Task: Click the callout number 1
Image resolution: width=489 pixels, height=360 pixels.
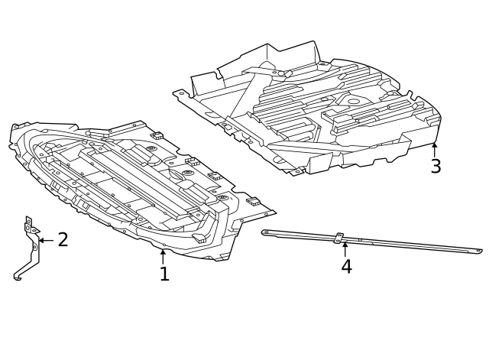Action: pos(164,274)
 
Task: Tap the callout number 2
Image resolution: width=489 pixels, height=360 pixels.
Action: pos(63,240)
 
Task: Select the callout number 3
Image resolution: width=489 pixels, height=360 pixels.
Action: pos(436,167)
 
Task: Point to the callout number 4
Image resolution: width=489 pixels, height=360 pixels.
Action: pos(346,267)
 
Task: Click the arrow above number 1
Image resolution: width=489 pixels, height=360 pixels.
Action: pos(163,255)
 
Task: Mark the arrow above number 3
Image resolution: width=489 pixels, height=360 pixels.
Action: pos(434,148)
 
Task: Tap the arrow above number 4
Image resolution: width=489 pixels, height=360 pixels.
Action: pos(345,248)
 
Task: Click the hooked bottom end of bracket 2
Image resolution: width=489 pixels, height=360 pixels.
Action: pos(18,277)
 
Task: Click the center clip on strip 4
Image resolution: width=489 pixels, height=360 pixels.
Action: pos(338,238)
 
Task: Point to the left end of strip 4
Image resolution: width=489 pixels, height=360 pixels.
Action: pos(265,232)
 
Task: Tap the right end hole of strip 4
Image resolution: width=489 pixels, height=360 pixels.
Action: pos(478,250)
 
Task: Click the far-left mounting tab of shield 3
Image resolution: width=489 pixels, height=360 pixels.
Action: pos(180,94)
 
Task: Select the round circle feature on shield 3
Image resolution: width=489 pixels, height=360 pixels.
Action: pos(353,101)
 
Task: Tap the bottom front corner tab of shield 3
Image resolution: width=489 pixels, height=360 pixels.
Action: pos(296,171)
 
